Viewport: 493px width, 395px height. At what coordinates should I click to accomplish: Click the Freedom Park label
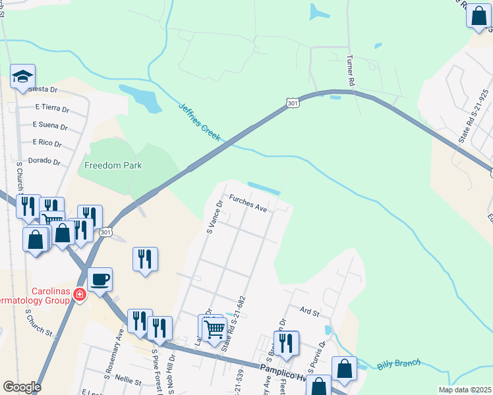click(x=113, y=165)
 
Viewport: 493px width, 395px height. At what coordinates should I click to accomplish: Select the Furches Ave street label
click(x=248, y=203)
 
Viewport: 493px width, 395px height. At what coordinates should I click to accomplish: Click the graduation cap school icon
click(x=23, y=78)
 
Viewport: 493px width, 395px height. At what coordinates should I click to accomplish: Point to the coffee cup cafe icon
click(x=100, y=279)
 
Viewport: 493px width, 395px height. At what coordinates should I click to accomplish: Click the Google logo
click(x=22, y=387)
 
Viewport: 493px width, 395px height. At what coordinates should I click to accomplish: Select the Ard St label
click(x=309, y=311)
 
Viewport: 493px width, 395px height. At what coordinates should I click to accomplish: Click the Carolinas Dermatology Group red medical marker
click(x=80, y=294)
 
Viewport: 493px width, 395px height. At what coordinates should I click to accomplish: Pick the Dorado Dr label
click(x=45, y=161)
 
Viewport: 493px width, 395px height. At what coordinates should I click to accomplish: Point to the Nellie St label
click(x=128, y=381)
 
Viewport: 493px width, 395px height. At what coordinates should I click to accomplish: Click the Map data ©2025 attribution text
click(x=464, y=390)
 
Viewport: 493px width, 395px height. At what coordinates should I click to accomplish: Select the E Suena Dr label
click(x=50, y=124)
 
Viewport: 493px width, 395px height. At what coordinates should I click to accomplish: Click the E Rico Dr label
click(x=47, y=143)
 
